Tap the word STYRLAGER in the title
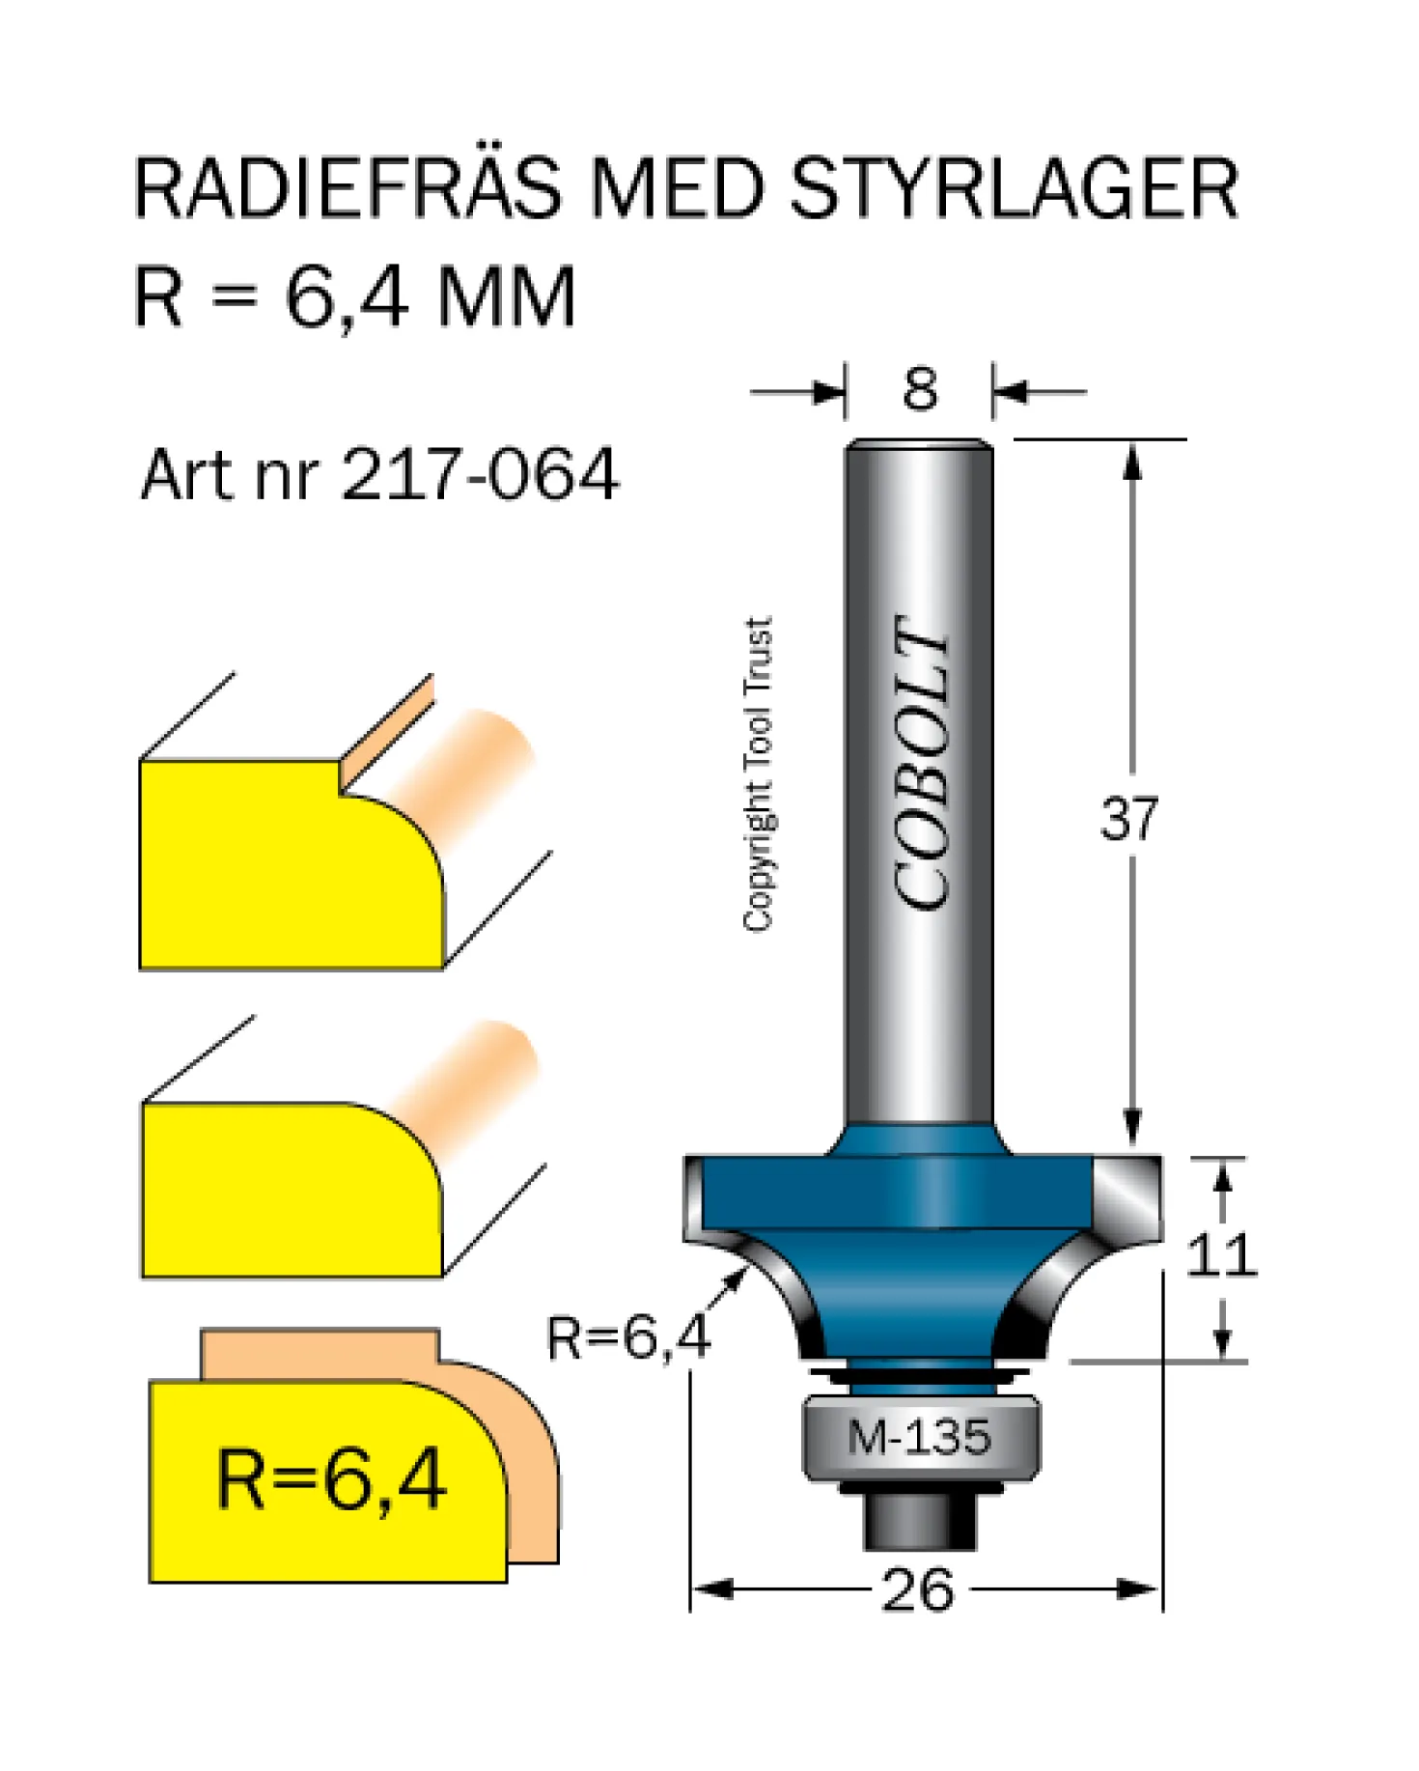click(x=1015, y=187)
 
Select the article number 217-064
click(x=479, y=474)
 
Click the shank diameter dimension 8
click(x=920, y=390)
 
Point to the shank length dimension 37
click(x=1128, y=819)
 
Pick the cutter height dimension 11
click(x=1222, y=1255)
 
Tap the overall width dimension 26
click(x=918, y=1590)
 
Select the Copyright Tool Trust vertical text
click(x=759, y=773)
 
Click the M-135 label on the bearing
click(x=919, y=1437)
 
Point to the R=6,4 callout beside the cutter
click(x=628, y=1337)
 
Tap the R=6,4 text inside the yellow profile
click(x=331, y=1479)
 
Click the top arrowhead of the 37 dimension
click(x=1132, y=460)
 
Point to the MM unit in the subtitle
click(x=506, y=296)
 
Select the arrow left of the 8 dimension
click(x=797, y=392)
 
